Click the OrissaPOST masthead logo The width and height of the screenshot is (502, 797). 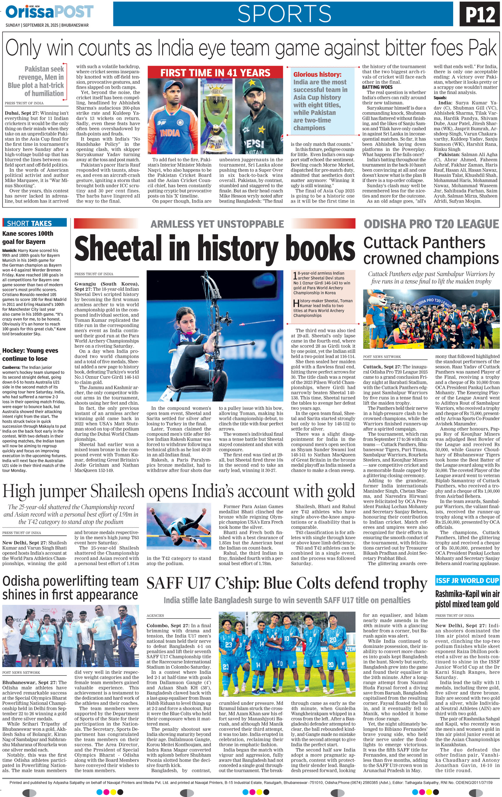click(50, 12)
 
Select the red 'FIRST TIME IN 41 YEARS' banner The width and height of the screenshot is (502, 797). click(215, 72)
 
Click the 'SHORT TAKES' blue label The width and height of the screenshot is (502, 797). click(34, 223)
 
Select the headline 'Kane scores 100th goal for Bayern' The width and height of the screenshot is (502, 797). click(28, 237)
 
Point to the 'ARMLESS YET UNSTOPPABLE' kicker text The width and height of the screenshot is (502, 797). click(217, 224)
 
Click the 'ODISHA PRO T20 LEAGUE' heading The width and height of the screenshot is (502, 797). click(431, 224)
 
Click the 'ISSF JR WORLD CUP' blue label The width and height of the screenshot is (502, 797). click(467, 580)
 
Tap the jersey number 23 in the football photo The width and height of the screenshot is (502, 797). click(228, 645)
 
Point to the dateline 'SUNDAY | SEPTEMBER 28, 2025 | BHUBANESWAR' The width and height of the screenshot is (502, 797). click(47, 25)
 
